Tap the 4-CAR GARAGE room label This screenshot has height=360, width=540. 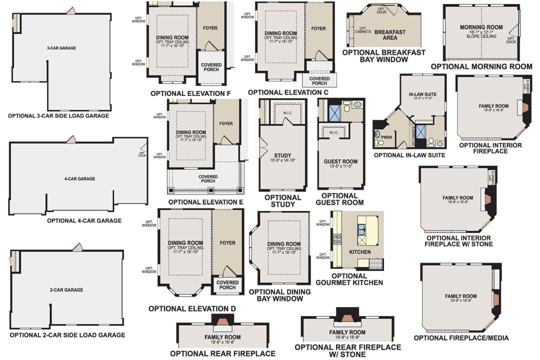[x=79, y=178]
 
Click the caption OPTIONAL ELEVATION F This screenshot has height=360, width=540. [x=190, y=93]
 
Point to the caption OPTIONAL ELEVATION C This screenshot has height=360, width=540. [x=288, y=92]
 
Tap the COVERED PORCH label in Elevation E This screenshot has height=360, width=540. [x=208, y=179]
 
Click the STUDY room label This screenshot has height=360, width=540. [x=282, y=155]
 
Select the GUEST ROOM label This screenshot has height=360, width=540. [x=340, y=161]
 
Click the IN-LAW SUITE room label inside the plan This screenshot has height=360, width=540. [x=422, y=94]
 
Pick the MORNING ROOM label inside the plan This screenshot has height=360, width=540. [x=480, y=27]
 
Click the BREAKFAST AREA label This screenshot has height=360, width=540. [x=389, y=34]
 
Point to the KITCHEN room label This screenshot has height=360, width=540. [x=359, y=252]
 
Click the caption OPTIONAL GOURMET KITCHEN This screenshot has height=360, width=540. [x=356, y=279]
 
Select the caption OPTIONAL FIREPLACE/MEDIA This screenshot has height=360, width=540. [x=461, y=338]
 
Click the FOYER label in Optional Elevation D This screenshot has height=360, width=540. [x=227, y=243]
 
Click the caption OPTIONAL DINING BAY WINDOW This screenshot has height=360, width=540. [x=279, y=295]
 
